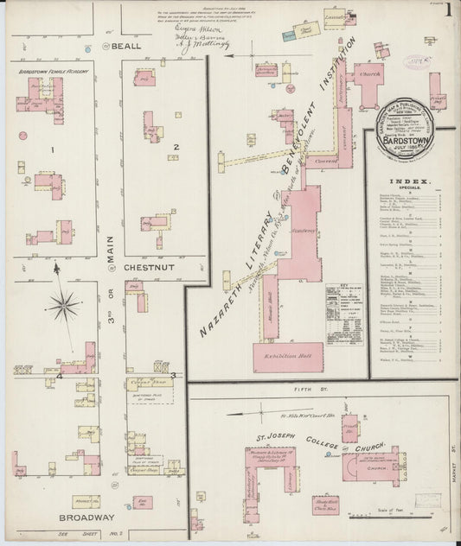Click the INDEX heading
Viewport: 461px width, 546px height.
click(411, 182)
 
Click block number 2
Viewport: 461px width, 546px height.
click(176, 147)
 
